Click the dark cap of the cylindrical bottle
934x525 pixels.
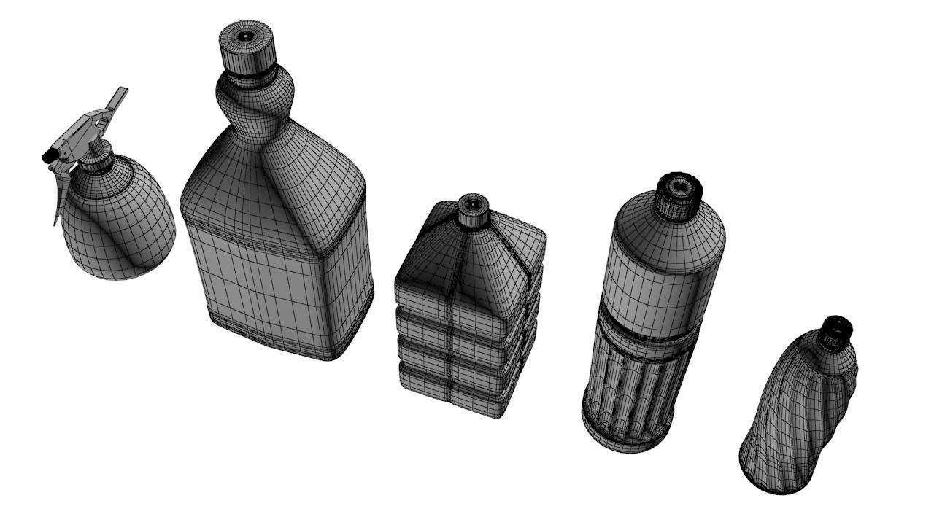click(679, 195)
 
